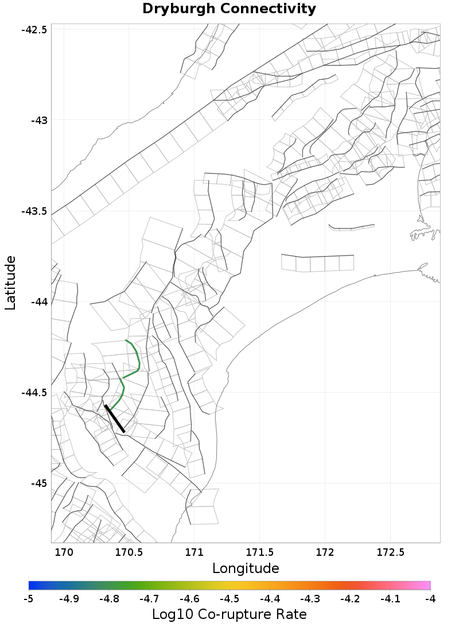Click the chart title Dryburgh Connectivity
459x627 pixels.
coord(229,9)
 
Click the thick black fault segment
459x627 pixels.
coord(115,419)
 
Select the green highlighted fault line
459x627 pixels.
coord(138,360)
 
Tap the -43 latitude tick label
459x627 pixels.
coord(38,121)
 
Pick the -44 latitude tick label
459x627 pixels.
coord(38,302)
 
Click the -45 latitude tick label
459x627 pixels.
coord(38,483)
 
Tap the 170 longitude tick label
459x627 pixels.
coord(64,553)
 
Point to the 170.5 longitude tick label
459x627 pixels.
coord(129,553)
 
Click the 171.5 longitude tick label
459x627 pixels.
coord(259,553)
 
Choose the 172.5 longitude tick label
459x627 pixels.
coord(390,553)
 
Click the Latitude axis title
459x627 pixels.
coord(11,283)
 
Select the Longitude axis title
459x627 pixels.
coord(246,568)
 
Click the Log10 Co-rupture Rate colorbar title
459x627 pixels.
coord(229,614)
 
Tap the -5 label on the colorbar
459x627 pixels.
coord(29,598)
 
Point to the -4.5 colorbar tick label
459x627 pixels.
coord(229,598)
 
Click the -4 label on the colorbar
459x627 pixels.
coord(430,598)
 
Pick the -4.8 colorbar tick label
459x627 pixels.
coord(109,598)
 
